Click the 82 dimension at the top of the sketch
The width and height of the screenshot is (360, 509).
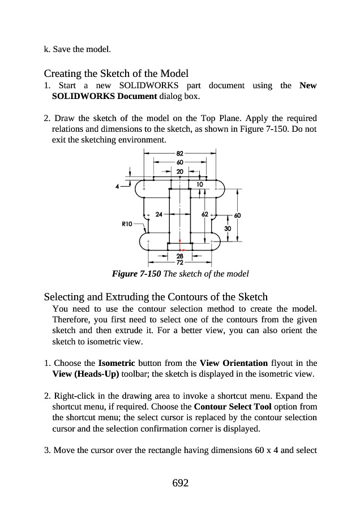pyautogui.click(x=179, y=153)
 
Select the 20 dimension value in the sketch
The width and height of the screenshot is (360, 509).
pyautogui.click(x=179, y=170)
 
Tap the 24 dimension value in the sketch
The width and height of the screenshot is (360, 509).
pyautogui.click(x=158, y=215)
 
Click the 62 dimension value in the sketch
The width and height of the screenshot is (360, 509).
pyautogui.click(x=204, y=215)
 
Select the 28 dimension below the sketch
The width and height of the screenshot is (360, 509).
pyautogui.click(x=179, y=257)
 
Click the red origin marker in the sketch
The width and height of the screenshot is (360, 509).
pyautogui.click(x=180, y=249)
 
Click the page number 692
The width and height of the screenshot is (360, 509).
pyautogui.click(x=179, y=482)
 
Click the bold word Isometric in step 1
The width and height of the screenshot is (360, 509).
pyautogui.click(x=116, y=363)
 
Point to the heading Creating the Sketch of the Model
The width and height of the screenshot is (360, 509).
pyautogui.click(x=116, y=74)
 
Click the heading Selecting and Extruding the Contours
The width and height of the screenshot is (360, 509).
pyautogui.click(x=156, y=297)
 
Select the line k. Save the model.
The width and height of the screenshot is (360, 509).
pyautogui.click(x=77, y=49)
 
